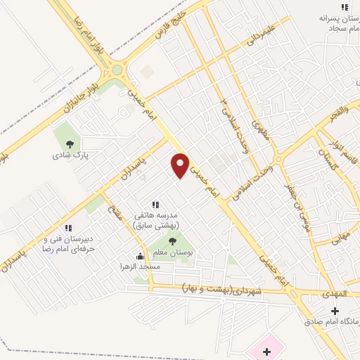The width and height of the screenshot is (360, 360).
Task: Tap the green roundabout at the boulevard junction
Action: [117, 70]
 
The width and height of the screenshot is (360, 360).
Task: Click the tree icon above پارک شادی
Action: [68, 145]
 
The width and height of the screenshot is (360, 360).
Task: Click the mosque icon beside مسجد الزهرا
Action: [140, 257]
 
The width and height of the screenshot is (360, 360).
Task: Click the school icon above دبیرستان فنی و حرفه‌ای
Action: [69, 228]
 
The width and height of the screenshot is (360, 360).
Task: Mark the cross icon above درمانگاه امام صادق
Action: [335, 311]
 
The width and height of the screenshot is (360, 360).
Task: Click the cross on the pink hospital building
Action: [266, 351]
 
